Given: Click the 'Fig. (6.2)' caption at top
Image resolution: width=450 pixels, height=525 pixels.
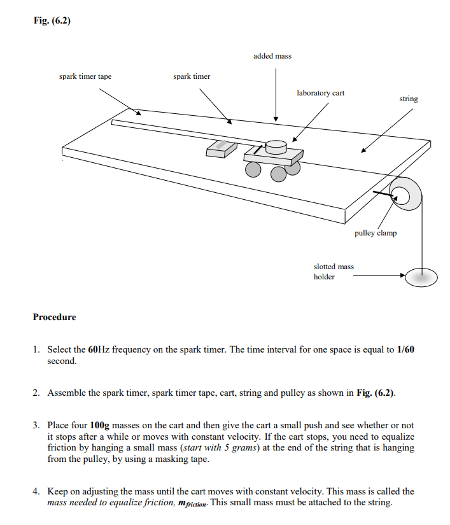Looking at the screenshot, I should [52, 21].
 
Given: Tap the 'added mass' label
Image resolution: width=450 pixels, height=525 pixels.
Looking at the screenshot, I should [272, 56].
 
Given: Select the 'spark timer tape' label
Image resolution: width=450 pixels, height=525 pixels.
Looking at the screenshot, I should [85, 76].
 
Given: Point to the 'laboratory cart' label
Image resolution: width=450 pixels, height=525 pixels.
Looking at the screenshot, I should [320, 93].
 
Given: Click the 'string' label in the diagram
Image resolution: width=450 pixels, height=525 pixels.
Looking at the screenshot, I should [409, 99].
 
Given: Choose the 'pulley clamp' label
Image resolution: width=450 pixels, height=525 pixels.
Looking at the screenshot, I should [376, 233].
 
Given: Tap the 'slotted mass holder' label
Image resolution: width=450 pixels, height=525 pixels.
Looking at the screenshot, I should [334, 272].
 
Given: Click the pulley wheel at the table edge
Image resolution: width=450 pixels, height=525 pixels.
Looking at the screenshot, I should [404, 195].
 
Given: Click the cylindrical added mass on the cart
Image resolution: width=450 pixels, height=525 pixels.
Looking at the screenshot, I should [276, 147].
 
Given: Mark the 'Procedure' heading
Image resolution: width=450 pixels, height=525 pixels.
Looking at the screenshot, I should [54, 317].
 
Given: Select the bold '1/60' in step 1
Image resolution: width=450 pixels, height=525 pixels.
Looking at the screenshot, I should [405, 350].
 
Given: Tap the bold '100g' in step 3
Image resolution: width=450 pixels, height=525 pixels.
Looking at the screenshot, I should [101, 425].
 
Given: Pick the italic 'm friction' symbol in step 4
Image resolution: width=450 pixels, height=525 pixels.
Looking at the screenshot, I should [188, 503].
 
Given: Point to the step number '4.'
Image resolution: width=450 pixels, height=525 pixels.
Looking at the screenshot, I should [37, 491].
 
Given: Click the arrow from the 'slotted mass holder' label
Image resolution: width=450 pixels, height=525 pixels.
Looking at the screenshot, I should [379, 276].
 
